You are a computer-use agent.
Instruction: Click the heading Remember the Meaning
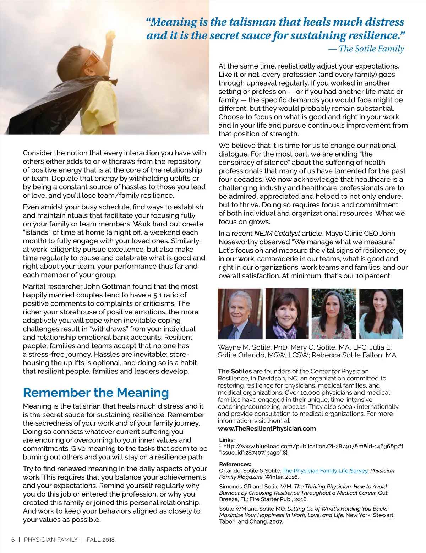click(96, 393)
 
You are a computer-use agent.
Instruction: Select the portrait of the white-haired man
click(240, 313)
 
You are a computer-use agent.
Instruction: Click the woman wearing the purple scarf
click(287, 313)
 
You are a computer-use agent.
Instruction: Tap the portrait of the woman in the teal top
click(381, 313)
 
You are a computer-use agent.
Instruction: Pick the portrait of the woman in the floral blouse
click(334, 313)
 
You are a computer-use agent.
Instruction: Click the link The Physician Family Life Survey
click(325, 471)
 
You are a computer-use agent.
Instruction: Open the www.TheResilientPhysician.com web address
click(267, 428)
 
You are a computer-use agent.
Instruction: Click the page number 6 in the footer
click(13, 540)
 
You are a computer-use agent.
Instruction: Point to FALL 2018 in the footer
click(100, 540)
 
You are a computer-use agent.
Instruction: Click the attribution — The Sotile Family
click(366, 49)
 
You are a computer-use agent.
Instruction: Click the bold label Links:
click(227, 440)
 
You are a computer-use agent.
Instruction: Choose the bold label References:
click(235, 464)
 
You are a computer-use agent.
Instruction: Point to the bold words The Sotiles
click(235, 371)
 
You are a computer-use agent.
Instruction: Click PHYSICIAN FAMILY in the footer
click(51, 540)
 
